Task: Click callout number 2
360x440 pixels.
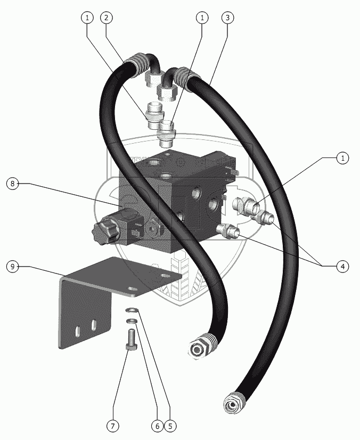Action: coord(107,18)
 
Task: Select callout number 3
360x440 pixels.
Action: coord(227,18)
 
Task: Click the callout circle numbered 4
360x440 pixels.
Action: coord(343,266)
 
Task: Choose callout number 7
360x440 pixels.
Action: coord(112,426)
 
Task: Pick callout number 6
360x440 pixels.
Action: coord(157,426)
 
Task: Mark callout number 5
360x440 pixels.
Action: coord(170,426)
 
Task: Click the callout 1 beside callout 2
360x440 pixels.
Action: coord(87,18)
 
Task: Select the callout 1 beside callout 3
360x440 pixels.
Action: coord(202,18)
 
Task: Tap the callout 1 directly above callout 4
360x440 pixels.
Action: coord(343,157)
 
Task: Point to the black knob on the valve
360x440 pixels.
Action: coord(102,233)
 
